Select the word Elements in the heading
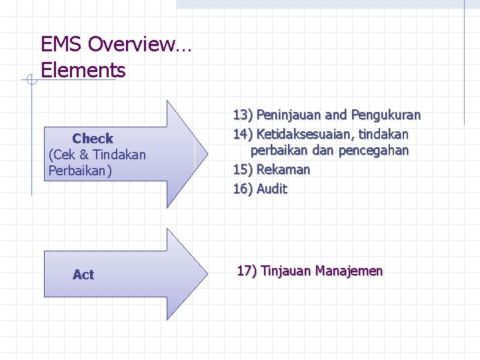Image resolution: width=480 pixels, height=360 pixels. click(x=83, y=69)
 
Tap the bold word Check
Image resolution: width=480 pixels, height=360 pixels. click(x=93, y=139)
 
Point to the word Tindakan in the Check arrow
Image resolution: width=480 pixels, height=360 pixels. click(x=119, y=155)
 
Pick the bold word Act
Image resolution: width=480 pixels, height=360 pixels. click(x=83, y=275)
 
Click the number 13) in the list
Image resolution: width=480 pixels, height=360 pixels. click(x=243, y=115)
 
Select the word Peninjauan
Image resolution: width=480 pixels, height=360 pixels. click(x=289, y=115)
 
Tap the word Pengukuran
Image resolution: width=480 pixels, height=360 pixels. click(x=386, y=115)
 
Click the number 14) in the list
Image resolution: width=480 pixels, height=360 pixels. click(x=243, y=133)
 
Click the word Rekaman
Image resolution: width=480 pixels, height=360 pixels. click(x=283, y=169)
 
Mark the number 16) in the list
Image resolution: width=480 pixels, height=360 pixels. click(x=243, y=189)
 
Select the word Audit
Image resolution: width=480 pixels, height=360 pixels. click(x=272, y=189)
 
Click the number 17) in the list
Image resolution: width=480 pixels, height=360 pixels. click(x=247, y=271)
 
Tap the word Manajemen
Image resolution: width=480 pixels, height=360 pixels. click(x=349, y=271)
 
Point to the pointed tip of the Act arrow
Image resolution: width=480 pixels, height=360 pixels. click(x=207, y=274)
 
